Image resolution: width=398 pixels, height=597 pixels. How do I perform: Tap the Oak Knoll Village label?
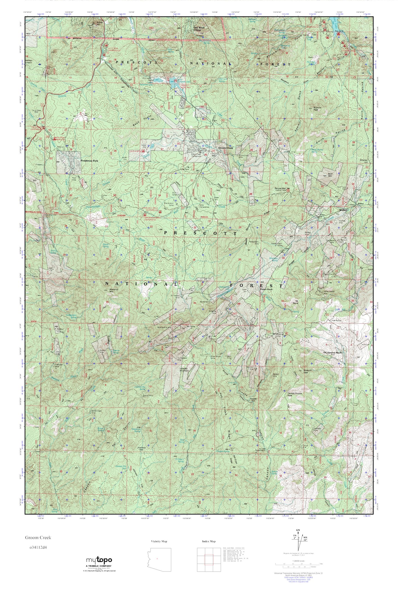pos(199,29)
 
